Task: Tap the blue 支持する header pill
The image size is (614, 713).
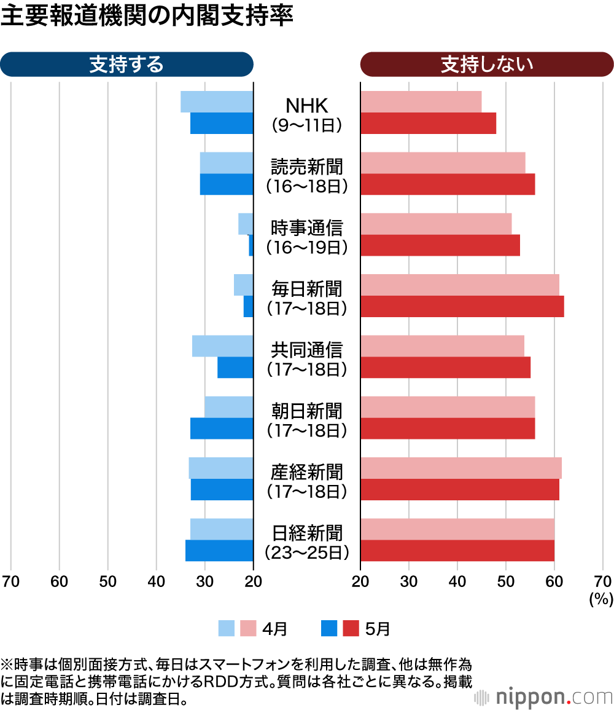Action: point(126,64)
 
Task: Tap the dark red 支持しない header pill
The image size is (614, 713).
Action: point(487,64)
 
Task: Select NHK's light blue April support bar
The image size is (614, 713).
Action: point(217,102)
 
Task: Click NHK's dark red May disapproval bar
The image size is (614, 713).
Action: point(428,124)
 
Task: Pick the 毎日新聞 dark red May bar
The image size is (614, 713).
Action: point(462,307)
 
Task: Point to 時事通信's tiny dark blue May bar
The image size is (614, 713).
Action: point(251,246)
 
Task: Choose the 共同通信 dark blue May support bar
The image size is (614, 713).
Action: point(235,368)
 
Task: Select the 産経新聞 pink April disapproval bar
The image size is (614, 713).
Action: point(460,468)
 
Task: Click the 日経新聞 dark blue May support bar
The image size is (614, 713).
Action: point(219,551)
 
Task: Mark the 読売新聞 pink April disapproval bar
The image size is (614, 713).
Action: point(443,163)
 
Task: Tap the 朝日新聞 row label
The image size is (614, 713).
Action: point(307,411)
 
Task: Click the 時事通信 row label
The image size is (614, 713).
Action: point(307,227)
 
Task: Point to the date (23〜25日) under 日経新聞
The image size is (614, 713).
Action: point(307,553)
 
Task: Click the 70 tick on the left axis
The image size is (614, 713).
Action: point(10,581)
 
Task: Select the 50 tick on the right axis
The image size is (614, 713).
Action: point(506,581)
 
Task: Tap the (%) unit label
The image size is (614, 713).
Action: point(597,599)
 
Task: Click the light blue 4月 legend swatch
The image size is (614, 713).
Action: point(227,628)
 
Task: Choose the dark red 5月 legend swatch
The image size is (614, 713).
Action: point(351,628)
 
